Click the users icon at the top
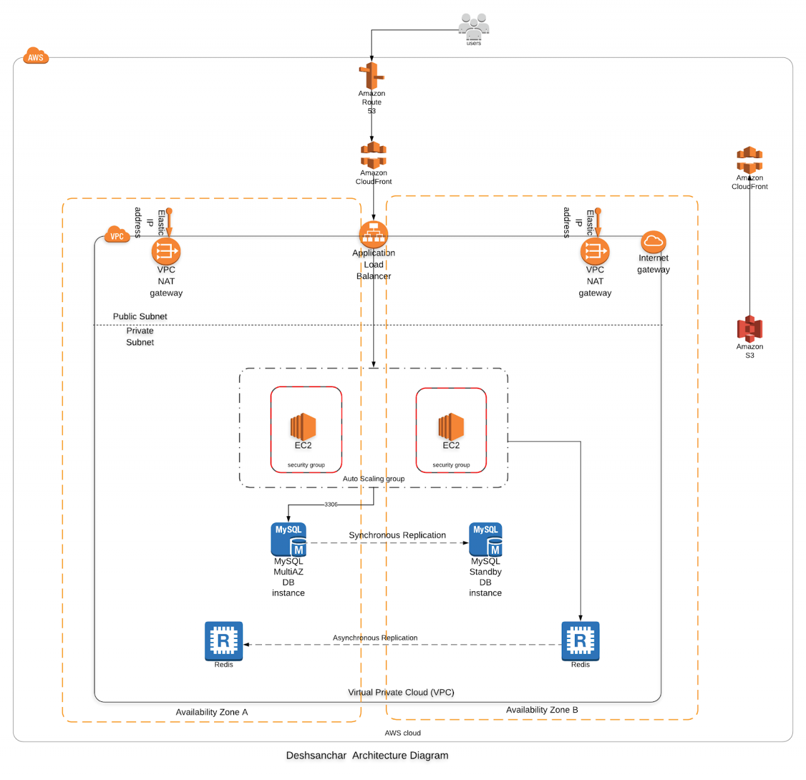click(x=474, y=26)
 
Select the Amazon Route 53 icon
click(x=372, y=76)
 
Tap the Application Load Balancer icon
click(x=373, y=235)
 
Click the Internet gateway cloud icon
click(x=653, y=242)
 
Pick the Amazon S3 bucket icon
click(x=749, y=329)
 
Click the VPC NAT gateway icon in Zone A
click(x=166, y=251)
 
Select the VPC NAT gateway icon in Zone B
click(x=595, y=251)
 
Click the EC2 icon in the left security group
click(x=303, y=426)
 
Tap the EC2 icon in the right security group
click(x=451, y=426)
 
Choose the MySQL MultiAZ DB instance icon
click(x=288, y=540)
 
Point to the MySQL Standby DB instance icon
click(x=485, y=540)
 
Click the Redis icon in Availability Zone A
click(x=224, y=641)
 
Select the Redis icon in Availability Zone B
click(x=580, y=641)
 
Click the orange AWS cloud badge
click(x=36, y=57)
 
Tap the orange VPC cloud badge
click(x=116, y=235)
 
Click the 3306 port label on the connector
click(x=331, y=504)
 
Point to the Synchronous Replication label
click(x=397, y=535)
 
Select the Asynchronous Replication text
click(x=375, y=638)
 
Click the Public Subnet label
click(x=140, y=316)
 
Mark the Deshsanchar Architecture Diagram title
click(x=367, y=755)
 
